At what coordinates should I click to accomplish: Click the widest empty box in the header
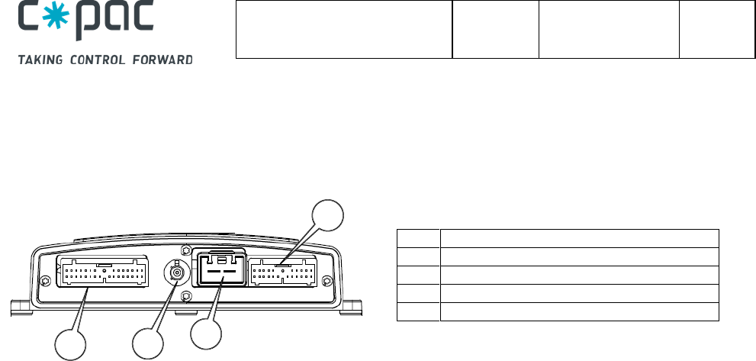[x=344, y=31]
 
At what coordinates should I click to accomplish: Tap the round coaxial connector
[x=177, y=272]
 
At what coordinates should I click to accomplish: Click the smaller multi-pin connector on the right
[x=282, y=274]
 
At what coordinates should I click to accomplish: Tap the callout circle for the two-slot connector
[x=205, y=334]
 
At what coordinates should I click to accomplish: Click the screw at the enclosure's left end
[x=45, y=281]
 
